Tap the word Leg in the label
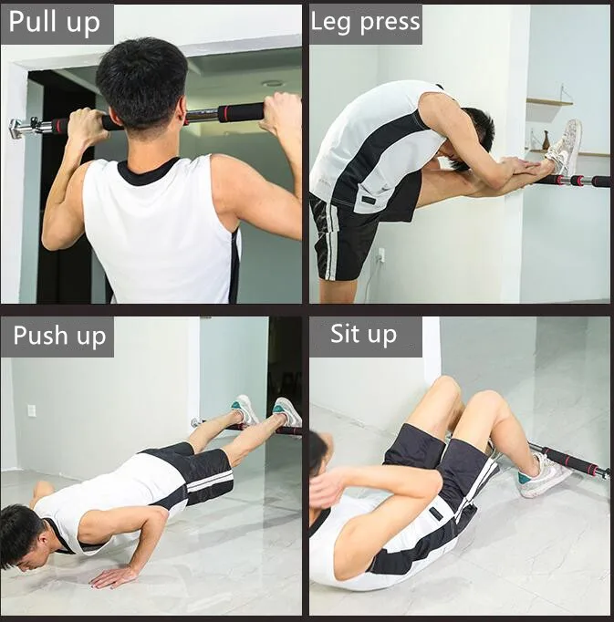pyautogui.click(x=330, y=22)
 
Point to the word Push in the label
pyautogui.click(x=41, y=336)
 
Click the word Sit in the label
pyautogui.click(x=345, y=334)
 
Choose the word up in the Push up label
pyautogui.click(x=91, y=337)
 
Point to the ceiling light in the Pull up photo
pyautogui.click(x=272, y=84)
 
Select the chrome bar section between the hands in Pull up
pyautogui.click(x=201, y=116)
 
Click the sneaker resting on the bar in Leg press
pyautogui.click(x=565, y=147)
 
